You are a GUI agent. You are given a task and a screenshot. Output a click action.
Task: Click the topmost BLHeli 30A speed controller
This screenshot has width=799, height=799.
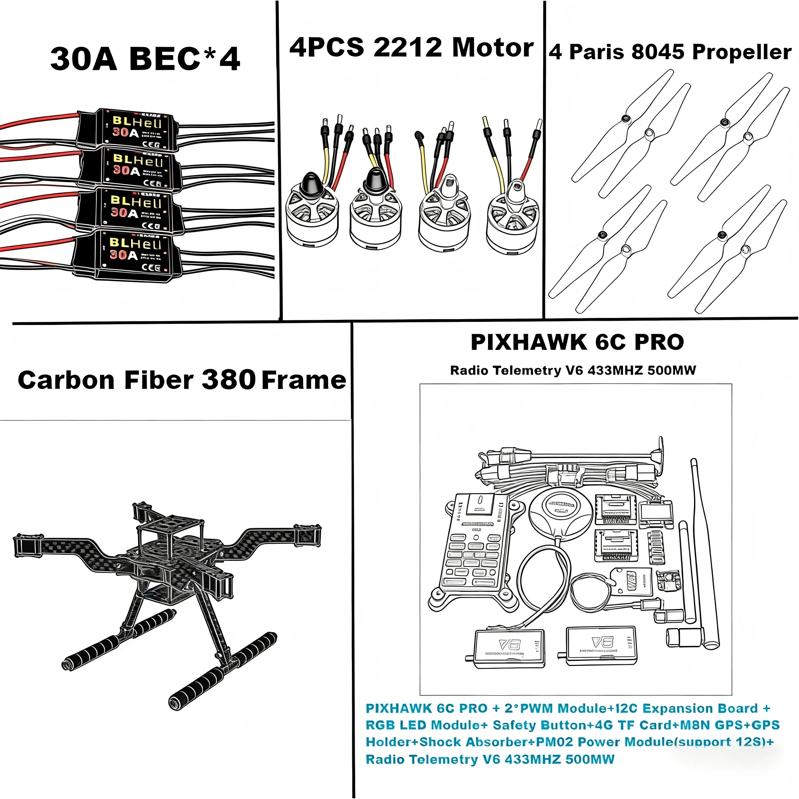[128, 129]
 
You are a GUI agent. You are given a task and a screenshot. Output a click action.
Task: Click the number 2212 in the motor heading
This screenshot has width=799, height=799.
[407, 47]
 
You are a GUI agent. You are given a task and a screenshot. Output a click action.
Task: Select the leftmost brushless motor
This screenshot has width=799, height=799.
[312, 215]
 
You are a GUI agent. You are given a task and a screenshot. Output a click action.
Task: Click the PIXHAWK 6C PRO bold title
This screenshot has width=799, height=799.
[577, 342]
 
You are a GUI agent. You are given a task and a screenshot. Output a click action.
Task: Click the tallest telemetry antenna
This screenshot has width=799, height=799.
[705, 554]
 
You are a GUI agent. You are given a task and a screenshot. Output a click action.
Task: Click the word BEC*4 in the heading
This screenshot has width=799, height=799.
[185, 59]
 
